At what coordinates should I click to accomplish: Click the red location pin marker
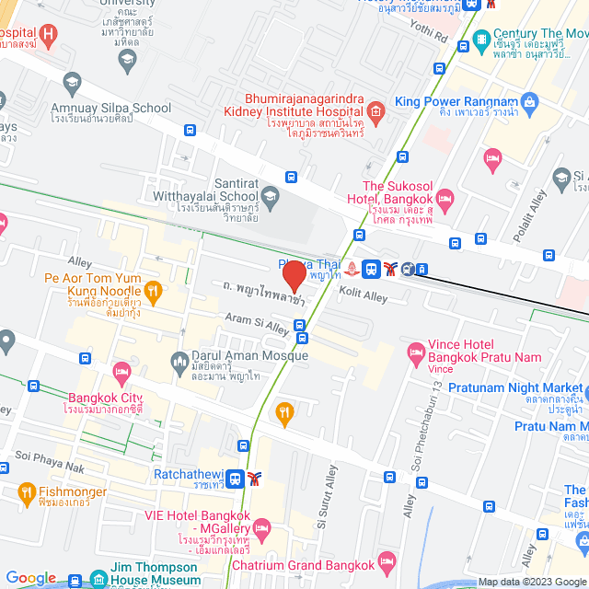click(294, 276)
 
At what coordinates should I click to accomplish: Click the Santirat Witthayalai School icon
click(270, 195)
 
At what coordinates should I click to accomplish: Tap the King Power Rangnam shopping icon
click(529, 101)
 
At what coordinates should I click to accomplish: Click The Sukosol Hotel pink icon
click(445, 197)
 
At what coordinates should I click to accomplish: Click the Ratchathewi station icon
click(236, 478)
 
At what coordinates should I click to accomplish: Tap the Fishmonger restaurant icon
click(25, 492)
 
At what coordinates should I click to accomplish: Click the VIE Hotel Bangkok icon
click(262, 528)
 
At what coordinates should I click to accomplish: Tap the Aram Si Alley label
click(258, 323)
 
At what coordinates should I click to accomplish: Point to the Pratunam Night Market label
click(515, 387)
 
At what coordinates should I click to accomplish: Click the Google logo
click(31, 578)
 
